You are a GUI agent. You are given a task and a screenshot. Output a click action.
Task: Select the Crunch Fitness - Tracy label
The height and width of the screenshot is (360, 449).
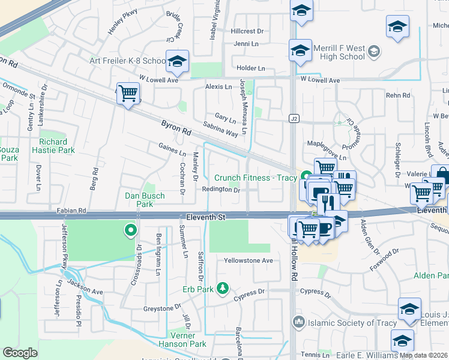(x=257, y=178)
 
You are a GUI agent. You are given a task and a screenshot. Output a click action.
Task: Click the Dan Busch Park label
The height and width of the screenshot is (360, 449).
(x=139, y=200)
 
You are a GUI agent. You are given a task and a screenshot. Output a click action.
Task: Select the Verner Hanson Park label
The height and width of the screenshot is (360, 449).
(x=182, y=340)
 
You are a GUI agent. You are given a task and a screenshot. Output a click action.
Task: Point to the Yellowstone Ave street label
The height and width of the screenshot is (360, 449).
(x=249, y=261)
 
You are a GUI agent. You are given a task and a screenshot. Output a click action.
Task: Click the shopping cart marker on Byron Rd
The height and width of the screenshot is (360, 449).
(x=128, y=94)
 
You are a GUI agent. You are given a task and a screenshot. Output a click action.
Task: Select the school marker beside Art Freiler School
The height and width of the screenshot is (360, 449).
(x=177, y=61)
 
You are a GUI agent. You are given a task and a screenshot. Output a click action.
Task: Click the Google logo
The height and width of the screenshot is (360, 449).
(x=20, y=353)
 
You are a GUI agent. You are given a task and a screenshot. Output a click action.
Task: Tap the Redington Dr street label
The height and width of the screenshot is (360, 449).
(x=221, y=190)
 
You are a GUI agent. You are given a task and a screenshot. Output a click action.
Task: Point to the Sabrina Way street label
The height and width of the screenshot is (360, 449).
(x=220, y=130)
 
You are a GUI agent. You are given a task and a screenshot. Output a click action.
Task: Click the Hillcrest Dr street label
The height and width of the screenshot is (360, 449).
(x=247, y=31)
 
